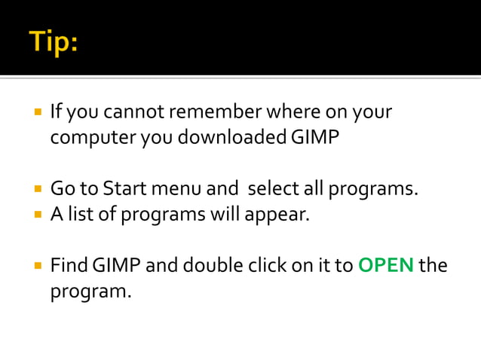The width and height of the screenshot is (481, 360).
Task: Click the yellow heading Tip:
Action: [54, 41]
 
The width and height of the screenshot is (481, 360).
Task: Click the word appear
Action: [280, 213]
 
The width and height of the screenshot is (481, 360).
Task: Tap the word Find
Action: [70, 265]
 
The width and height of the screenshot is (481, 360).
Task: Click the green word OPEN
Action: [385, 265]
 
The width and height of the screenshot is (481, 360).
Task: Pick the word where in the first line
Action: [293, 113]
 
